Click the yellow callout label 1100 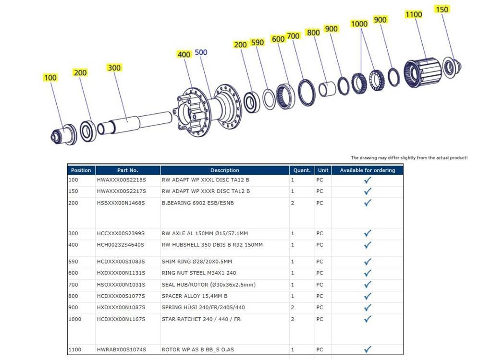[x=413, y=14]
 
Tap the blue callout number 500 [x=201, y=52]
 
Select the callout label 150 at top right [x=441, y=10]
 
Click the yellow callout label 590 [x=257, y=42]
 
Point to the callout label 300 [x=114, y=68]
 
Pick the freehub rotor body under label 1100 [x=423, y=72]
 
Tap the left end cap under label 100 [x=63, y=134]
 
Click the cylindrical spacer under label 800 [x=327, y=89]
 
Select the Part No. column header [x=128, y=170]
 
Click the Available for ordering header [x=368, y=170]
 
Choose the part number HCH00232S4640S [x=121, y=245]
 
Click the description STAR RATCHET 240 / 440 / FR [x=201, y=319]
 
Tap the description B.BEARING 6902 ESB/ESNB [x=197, y=203]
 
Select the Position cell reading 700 [x=73, y=285]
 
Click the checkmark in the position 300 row [x=368, y=233]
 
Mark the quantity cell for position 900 [x=293, y=307]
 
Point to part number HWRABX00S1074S [x=122, y=349]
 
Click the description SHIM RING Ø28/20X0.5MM [x=196, y=261]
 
